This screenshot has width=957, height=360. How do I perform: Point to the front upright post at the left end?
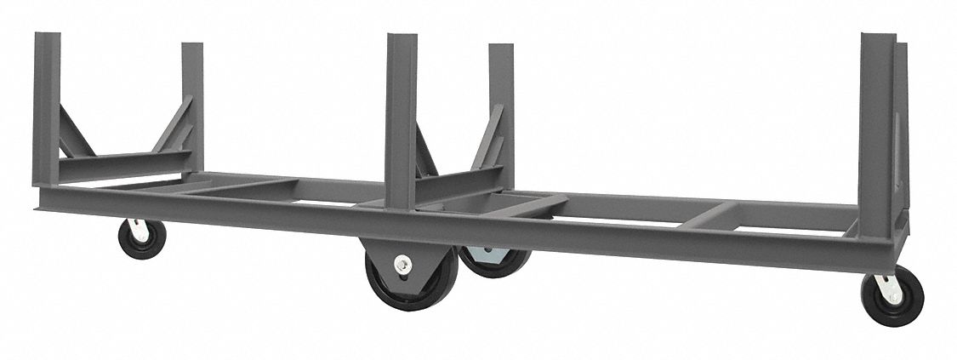(46, 111)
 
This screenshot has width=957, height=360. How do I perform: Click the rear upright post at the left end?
(192, 102)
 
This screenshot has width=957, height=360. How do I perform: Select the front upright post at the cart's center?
(401, 119)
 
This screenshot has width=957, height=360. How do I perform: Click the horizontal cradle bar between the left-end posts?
(119, 163)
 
